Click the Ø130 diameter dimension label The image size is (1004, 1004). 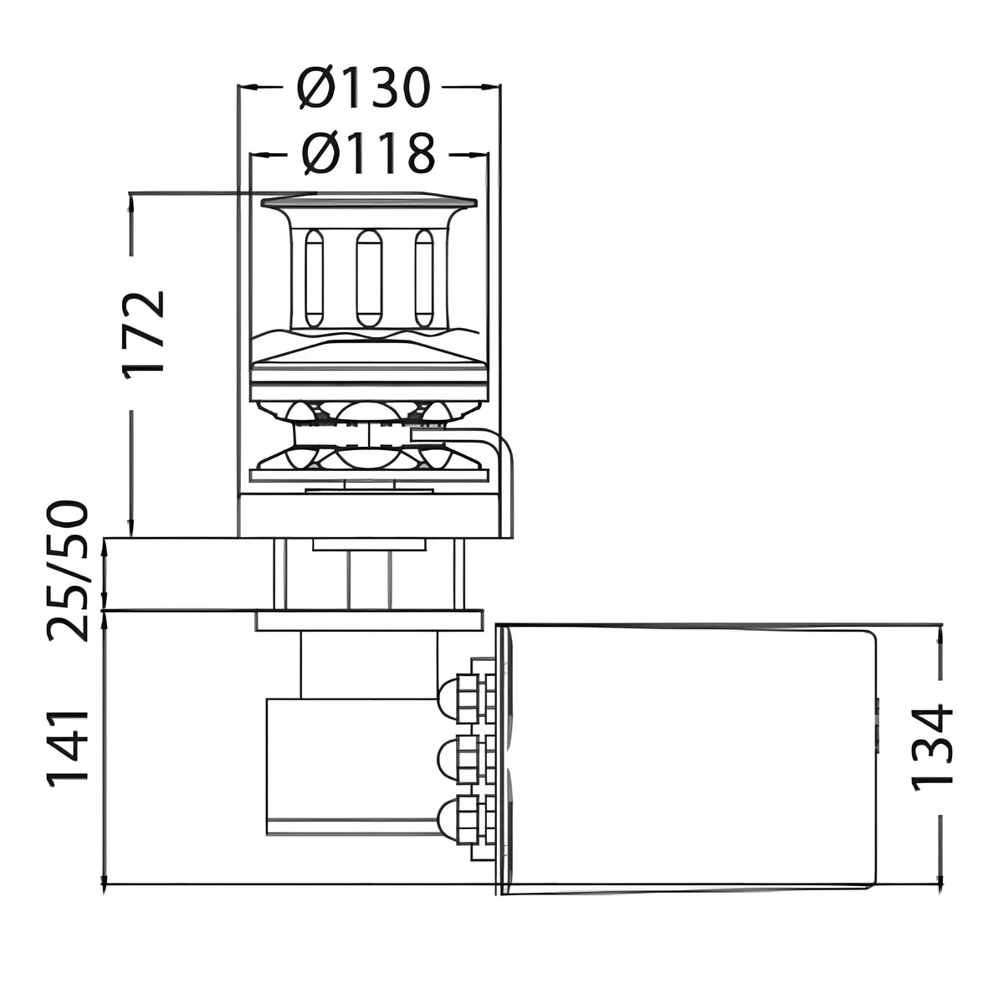pyautogui.click(x=364, y=88)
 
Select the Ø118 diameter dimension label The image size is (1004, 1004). pyautogui.click(x=368, y=154)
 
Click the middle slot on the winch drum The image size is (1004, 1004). pyautogui.click(x=369, y=279)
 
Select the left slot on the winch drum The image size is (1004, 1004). pyautogui.click(x=314, y=279)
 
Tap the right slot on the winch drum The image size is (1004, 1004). pyautogui.click(x=424, y=279)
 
